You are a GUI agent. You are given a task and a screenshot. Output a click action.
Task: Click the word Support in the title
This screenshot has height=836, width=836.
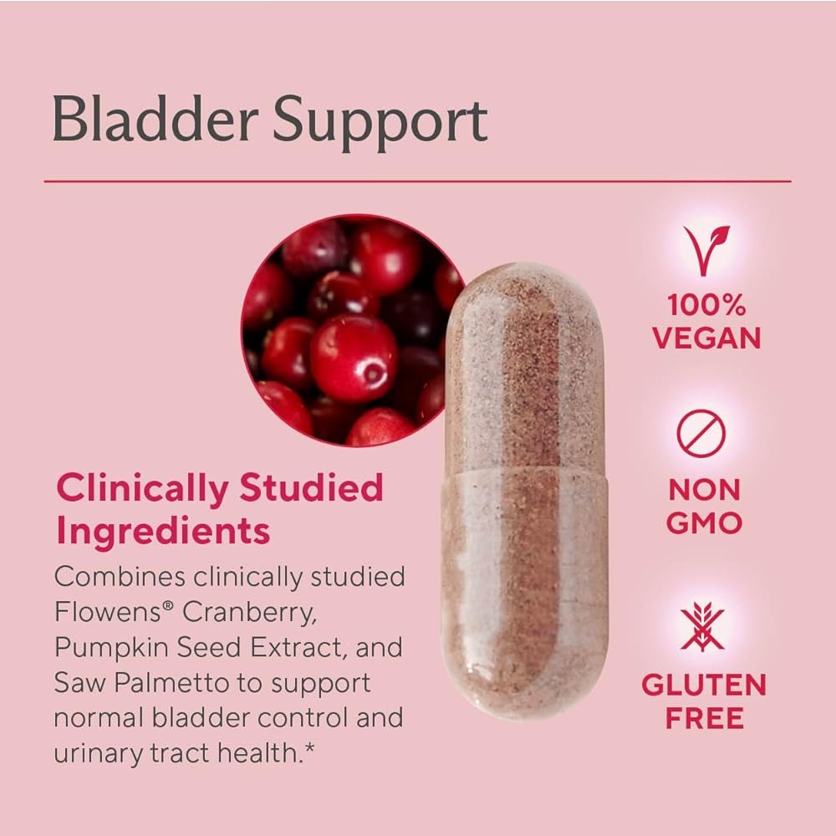coord(380,124)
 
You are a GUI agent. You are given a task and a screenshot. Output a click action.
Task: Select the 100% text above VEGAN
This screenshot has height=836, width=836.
coord(706,305)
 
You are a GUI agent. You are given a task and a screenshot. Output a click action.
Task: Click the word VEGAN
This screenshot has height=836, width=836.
coord(706,338)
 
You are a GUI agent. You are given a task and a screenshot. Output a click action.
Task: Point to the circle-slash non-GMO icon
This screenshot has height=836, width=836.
coord(701,433)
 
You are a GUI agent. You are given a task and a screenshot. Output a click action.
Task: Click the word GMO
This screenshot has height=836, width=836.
coord(704,522)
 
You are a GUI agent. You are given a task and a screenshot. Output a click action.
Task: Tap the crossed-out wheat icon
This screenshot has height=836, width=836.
coord(702,627)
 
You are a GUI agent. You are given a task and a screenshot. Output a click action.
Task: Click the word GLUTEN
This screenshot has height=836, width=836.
coord(704,685)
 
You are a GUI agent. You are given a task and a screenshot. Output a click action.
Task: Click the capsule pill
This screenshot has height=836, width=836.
coord(524,491)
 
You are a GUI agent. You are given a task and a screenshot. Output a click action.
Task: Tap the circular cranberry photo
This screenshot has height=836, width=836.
coord(353,330)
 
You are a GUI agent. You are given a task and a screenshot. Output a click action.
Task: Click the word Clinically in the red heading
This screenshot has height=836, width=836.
coord(143,489)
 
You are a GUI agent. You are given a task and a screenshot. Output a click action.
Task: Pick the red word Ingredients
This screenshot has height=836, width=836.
coord(163,532)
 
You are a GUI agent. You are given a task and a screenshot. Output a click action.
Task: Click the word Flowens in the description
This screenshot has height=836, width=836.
coord(107,612)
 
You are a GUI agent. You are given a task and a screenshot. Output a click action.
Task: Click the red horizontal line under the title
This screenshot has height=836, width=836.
coord(417,181)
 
